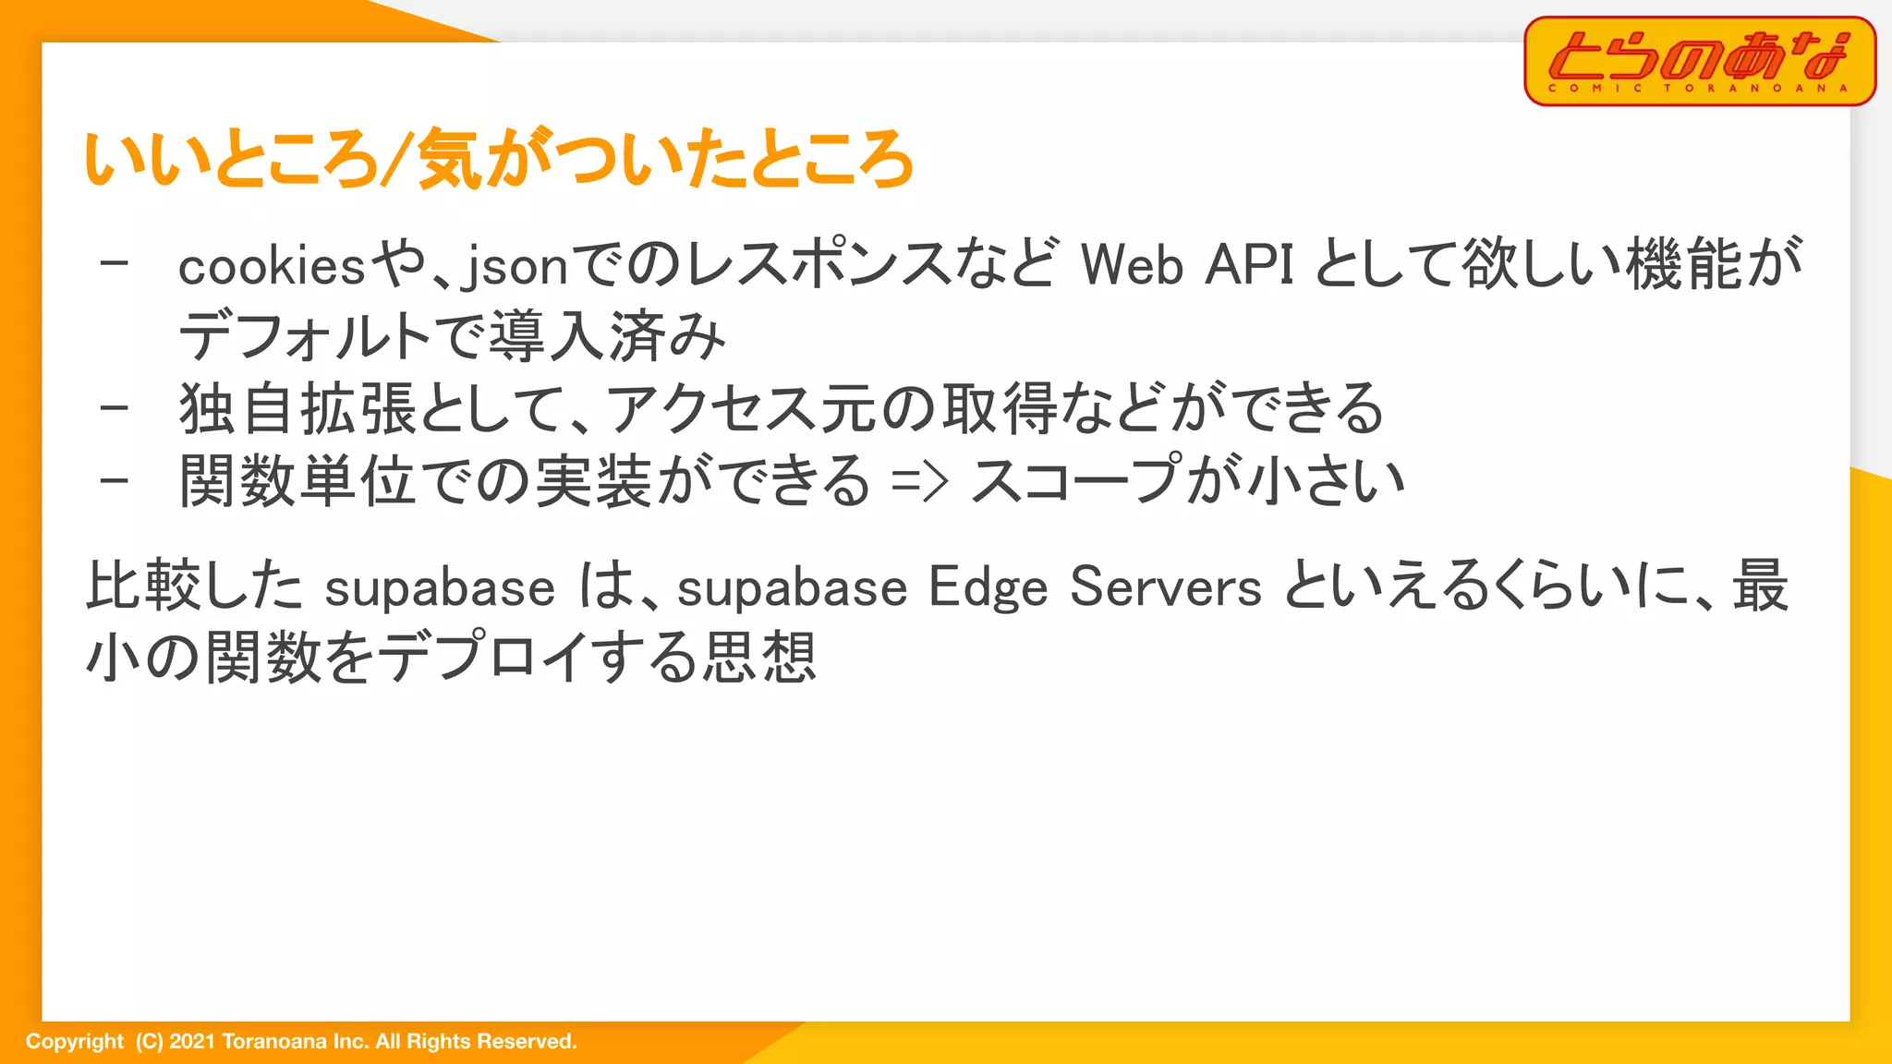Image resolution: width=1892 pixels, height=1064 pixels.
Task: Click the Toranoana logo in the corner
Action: coord(1699,61)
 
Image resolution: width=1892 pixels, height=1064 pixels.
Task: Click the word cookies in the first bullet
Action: coord(273,267)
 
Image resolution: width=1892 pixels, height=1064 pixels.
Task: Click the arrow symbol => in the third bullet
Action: coord(919,481)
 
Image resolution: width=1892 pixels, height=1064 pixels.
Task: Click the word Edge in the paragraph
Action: coord(988,587)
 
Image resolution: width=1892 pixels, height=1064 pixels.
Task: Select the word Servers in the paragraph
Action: coord(1166,587)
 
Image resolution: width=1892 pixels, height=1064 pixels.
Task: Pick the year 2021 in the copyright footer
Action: coord(192,1042)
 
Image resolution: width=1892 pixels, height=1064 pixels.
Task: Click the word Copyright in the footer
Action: coord(74,1042)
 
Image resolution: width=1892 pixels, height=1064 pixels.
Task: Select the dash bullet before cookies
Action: coord(115,265)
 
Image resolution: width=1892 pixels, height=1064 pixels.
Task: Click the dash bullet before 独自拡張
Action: coord(115,407)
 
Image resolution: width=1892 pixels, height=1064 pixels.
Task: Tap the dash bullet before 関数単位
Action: coord(115,480)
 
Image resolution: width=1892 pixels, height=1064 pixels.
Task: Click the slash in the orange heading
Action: coord(394,160)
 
